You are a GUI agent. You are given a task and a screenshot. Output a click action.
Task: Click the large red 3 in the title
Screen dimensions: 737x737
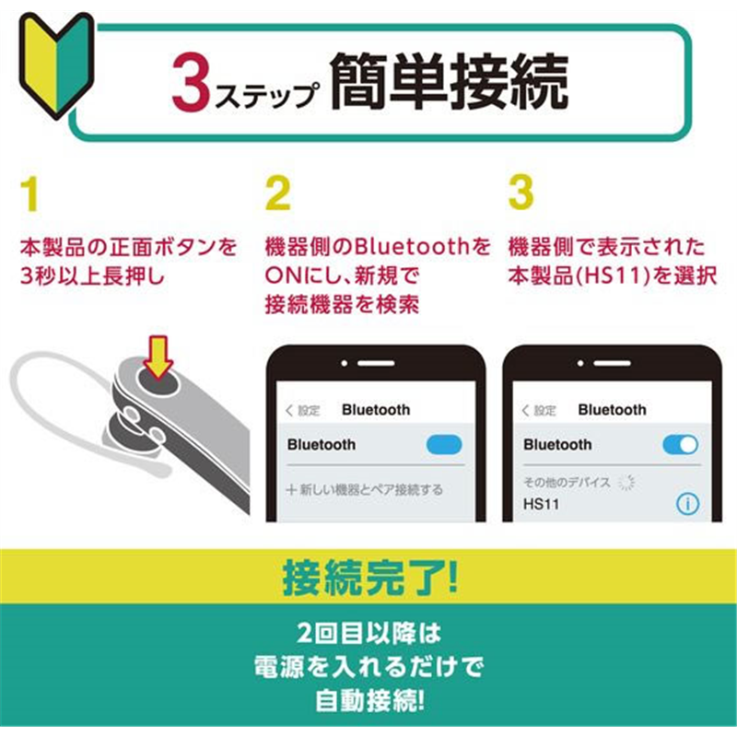(x=191, y=83)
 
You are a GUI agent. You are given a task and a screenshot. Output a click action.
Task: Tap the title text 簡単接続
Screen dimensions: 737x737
(x=449, y=81)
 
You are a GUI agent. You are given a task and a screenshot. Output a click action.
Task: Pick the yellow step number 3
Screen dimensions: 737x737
(x=521, y=192)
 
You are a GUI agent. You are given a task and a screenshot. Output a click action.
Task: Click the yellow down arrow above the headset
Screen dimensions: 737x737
(x=158, y=357)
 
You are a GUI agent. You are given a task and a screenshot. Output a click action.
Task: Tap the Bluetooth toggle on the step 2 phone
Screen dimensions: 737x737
(x=444, y=445)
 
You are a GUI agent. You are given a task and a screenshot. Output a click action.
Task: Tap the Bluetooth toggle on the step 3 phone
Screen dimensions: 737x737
(x=680, y=445)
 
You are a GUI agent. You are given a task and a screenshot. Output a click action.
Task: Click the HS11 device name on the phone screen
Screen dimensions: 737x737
(x=541, y=504)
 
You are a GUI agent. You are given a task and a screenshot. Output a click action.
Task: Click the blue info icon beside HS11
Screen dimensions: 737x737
(x=687, y=504)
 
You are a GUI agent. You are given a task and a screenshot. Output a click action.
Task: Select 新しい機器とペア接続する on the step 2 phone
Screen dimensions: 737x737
(x=364, y=490)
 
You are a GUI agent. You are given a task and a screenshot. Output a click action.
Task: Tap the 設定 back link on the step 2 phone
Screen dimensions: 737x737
(x=303, y=411)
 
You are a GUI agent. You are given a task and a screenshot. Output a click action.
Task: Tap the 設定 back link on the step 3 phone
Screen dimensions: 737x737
(x=539, y=411)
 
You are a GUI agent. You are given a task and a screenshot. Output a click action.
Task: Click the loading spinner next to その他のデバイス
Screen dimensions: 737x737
(x=626, y=482)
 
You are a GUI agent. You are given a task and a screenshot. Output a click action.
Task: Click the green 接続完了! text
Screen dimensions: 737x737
(x=370, y=578)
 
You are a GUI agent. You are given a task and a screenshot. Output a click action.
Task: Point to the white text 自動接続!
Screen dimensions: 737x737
(x=370, y=701)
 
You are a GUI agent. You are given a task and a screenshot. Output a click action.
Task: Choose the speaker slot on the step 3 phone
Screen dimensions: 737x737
(x=612, y=363)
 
